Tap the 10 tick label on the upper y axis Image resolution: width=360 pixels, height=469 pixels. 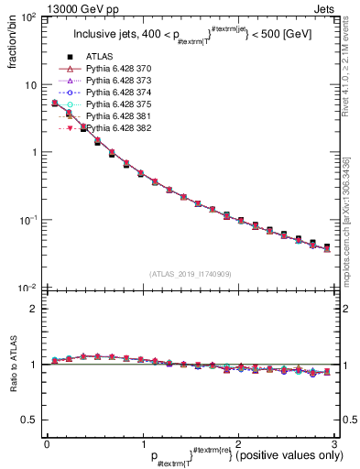(x=29, y=85)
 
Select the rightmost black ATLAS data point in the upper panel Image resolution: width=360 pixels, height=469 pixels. (x=327, y=246)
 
